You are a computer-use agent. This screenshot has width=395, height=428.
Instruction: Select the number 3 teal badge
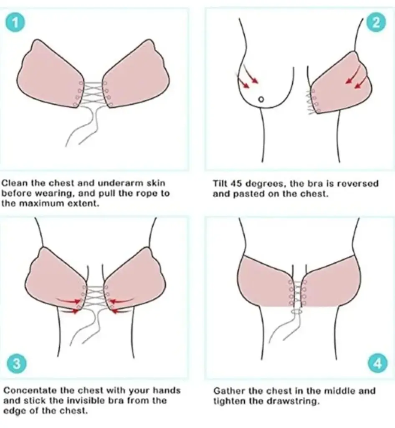[17, 363]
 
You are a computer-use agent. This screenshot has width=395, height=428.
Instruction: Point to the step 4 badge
[377, 363]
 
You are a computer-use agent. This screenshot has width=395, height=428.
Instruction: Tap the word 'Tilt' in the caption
[220, 183]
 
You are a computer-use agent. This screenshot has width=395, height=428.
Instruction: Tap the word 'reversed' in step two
[358, 183]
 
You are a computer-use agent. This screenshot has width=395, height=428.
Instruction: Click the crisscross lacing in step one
[92, 94]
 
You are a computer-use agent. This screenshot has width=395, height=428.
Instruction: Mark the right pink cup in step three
[134, 278]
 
